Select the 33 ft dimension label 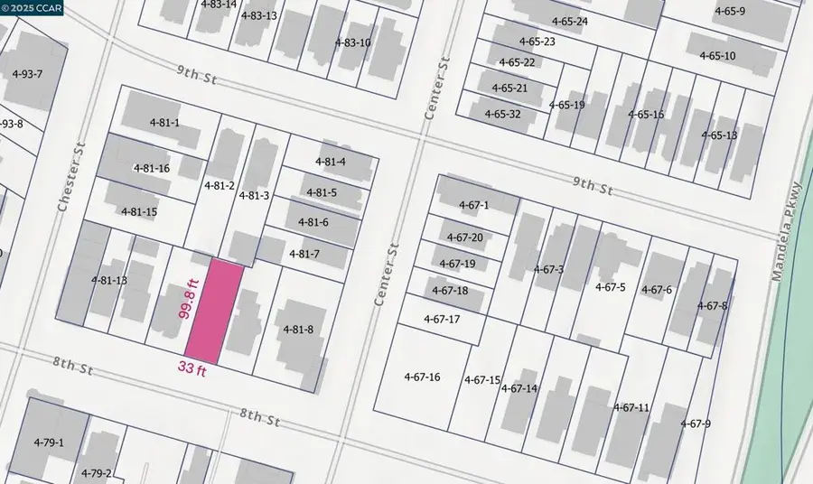(191, 368)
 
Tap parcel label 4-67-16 (422, 377)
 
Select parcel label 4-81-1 (164, 123)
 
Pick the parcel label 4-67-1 (472, 206)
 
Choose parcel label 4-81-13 (109, 280)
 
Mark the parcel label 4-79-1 (49, 442)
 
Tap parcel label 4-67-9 (696, 423)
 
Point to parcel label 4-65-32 (501, 114)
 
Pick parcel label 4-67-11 (631, 407)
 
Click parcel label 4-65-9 (729, 11)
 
